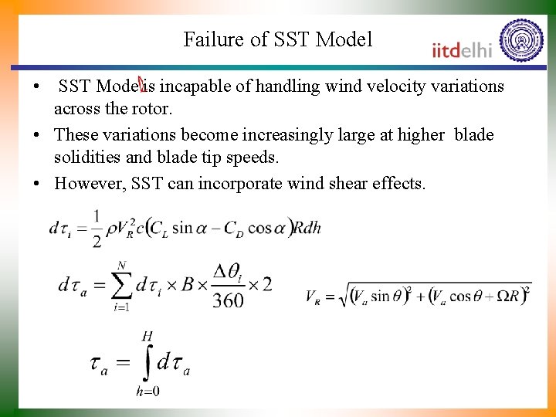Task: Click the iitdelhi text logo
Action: coord(461,51)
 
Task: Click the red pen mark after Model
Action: coord(142,82)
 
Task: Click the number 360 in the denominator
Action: coord(228,300)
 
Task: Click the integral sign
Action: coord(147,361)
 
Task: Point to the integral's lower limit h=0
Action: coord(147,392)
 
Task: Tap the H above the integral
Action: coord(147,335)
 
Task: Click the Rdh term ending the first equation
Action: coord(307,228)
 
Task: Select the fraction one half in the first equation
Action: coord(96,228)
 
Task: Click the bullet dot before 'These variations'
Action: coord(36,136)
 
